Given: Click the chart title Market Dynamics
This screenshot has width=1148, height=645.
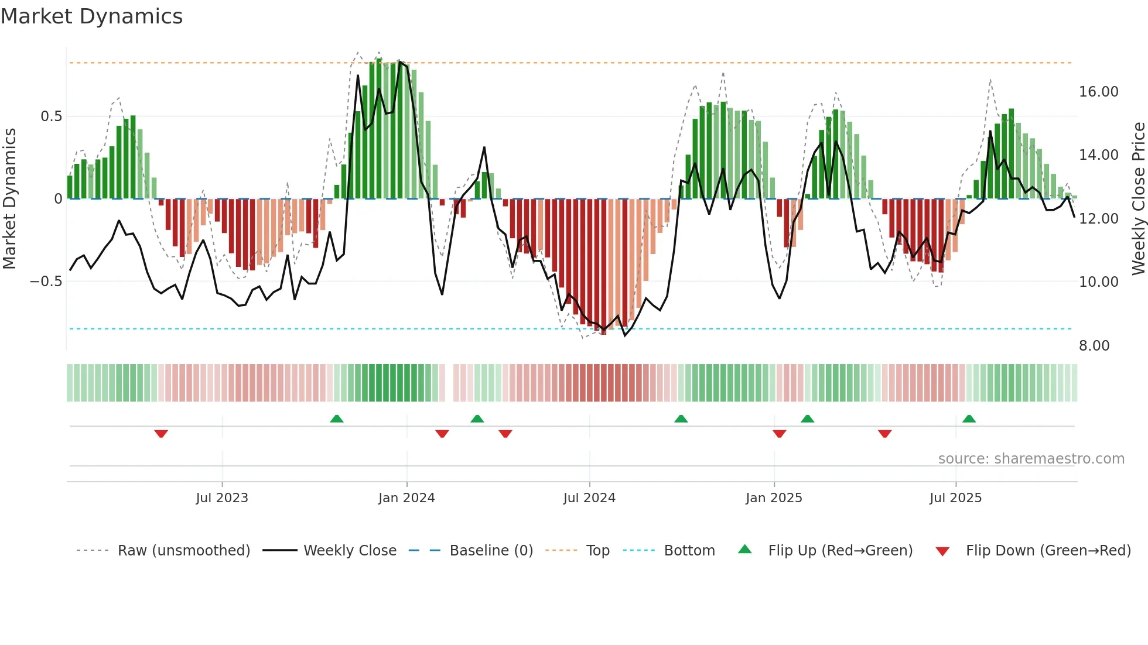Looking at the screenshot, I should [91, 16].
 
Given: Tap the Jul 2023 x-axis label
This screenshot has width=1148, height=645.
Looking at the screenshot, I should [222, 498].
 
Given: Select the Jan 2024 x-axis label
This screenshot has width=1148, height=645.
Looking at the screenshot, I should [406, 498].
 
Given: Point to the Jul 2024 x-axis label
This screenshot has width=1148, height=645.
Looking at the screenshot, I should [589, 498].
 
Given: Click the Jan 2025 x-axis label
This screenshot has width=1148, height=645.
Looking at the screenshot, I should [774, 498].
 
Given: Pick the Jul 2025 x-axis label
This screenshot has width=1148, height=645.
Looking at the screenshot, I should [955, 498].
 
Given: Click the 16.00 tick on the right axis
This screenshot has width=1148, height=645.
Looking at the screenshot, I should [1098, 92].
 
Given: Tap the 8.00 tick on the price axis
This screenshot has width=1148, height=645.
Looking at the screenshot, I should [1094, 346].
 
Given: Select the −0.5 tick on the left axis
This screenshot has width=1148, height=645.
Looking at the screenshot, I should [46, 282].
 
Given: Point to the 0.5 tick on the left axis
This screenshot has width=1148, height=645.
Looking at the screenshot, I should [51, 116].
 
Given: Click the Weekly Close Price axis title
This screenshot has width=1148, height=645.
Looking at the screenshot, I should [1138, 198].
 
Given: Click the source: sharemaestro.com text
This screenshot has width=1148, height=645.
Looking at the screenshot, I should [1031, 459].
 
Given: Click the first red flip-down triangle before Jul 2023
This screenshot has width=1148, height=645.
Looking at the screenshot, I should [161, 433].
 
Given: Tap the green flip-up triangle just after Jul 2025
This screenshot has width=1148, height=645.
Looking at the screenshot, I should [969, 418].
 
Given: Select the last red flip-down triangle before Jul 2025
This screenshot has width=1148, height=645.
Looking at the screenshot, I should [884, 433].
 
